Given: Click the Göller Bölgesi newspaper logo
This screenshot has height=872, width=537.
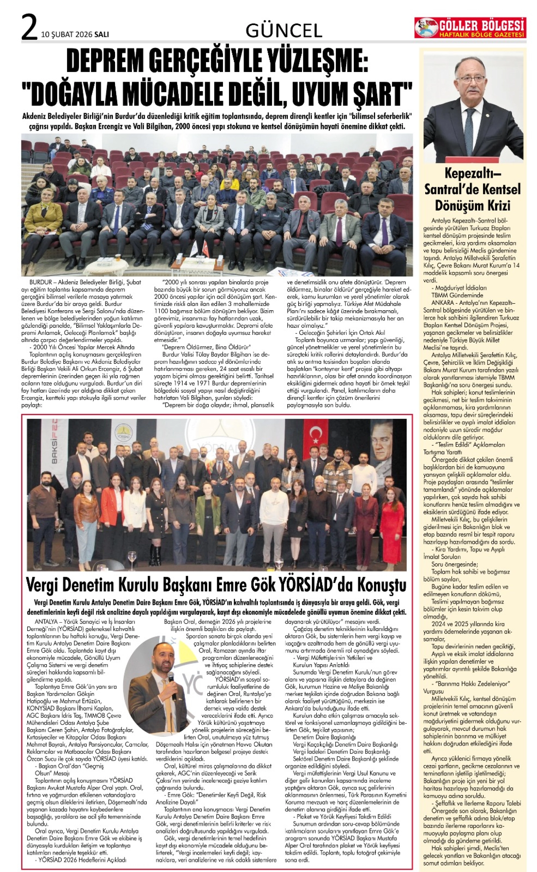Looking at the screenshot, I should pos(470,28).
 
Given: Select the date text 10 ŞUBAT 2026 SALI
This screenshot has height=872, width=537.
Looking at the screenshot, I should pos(75,34).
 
